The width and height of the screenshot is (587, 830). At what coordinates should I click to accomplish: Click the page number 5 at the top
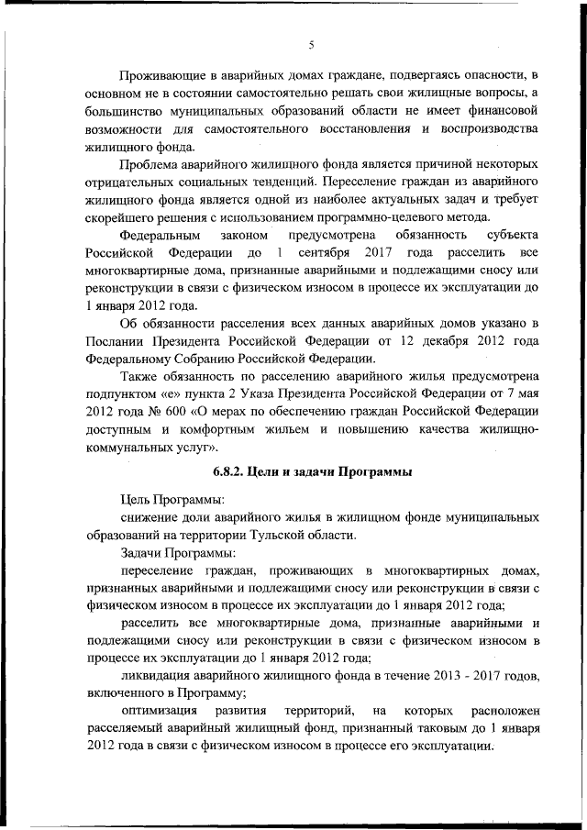tap(312, 44)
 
